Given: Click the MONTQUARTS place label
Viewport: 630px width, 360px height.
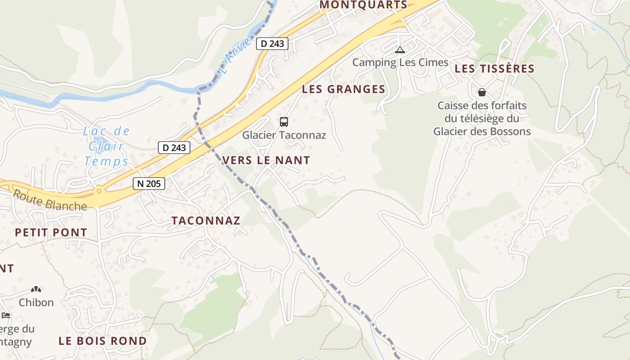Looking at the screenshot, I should coord(363,5).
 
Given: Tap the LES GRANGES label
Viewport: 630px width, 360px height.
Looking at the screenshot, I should coord(343,89).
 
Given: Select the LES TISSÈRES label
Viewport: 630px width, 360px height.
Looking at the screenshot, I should coord(494,69).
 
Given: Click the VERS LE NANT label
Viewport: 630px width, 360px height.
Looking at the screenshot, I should coord(266,160).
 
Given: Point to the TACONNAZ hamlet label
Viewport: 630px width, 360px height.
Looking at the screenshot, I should coord(206,220).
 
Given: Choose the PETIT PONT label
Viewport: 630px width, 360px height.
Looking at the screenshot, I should coord(51,233).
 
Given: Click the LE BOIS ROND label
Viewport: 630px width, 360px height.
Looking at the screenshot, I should coord(103,341).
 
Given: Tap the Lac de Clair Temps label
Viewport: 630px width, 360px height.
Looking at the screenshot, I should coord(107,146).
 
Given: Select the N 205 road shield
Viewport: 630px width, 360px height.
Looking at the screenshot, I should coord(149,184).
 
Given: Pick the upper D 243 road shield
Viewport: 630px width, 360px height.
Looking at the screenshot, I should coord(272,44).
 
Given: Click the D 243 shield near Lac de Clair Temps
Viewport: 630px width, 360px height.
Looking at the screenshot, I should coord(174,148).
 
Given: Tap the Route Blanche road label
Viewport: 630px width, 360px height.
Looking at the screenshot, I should coord(49,201).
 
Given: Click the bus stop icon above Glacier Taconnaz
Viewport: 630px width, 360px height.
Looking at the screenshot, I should coord(284,121).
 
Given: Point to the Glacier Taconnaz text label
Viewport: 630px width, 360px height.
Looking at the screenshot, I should coord(284,135).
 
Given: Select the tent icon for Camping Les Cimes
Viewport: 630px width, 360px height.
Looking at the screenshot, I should coord(400,49).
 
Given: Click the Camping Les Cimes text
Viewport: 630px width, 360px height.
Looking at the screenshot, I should coord(400,63).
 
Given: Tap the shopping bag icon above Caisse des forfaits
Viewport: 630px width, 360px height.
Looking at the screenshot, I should coord(482,92).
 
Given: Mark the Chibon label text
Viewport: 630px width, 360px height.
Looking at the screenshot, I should coord(36,302).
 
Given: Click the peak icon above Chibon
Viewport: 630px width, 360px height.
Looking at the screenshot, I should coord(36,289).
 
